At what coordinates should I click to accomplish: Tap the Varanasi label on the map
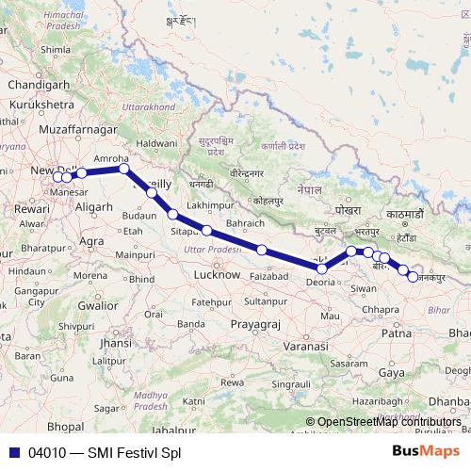pyautogui.click(x=302, y=347)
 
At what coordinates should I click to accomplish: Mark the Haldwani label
pyautogui.click(x=157, y=144)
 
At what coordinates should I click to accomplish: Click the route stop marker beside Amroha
pyautogui.click(x=123, y=170)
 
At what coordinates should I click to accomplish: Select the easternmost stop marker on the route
pyautogui.click(x=413, y=277)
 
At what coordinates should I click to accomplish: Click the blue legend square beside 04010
pyautogui.click(x=13, y=452)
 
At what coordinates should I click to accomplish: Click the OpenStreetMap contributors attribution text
pyautogui.click(x=388, y=422)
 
